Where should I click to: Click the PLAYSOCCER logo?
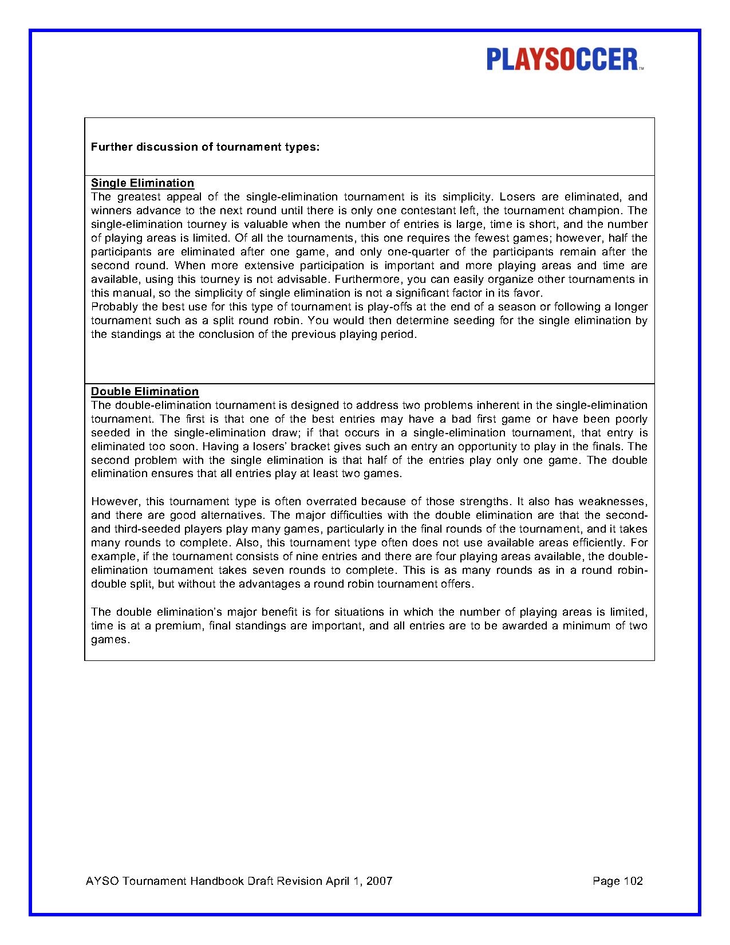[x=565, y=60]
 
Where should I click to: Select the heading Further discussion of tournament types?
[x=205, y=147]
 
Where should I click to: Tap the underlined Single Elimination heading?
[x=143, y=183]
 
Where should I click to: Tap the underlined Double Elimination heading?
[x=145, y=391]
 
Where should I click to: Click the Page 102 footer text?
[x=618, y=881]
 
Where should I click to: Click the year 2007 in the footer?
[x=380, y=881]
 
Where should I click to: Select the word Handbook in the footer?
[x=218, y=881]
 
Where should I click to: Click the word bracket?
[x=282, y=446]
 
